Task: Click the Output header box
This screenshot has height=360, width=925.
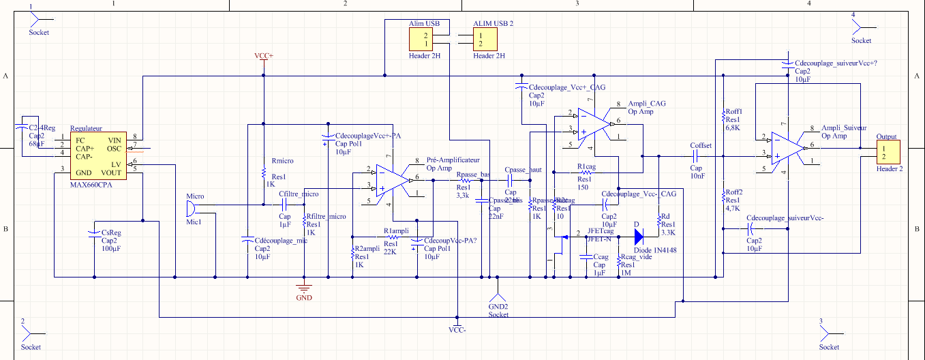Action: (x=888, y=152)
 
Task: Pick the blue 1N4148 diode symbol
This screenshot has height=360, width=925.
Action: (x=639, y=237)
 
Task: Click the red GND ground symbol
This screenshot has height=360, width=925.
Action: (x=304, y=288)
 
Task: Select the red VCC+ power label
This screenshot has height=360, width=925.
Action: (x=263, y=55)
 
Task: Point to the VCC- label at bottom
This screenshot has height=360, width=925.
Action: (x=457, y=330)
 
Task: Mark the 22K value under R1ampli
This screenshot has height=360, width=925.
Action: (x=391, y=252)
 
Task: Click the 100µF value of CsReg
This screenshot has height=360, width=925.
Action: (x=110, y=248)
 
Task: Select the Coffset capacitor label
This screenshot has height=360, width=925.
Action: (x=700, y=145)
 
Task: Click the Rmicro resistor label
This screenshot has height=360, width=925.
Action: (x=282, y=161)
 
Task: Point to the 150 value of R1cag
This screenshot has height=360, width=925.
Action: (x=583, y=187)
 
